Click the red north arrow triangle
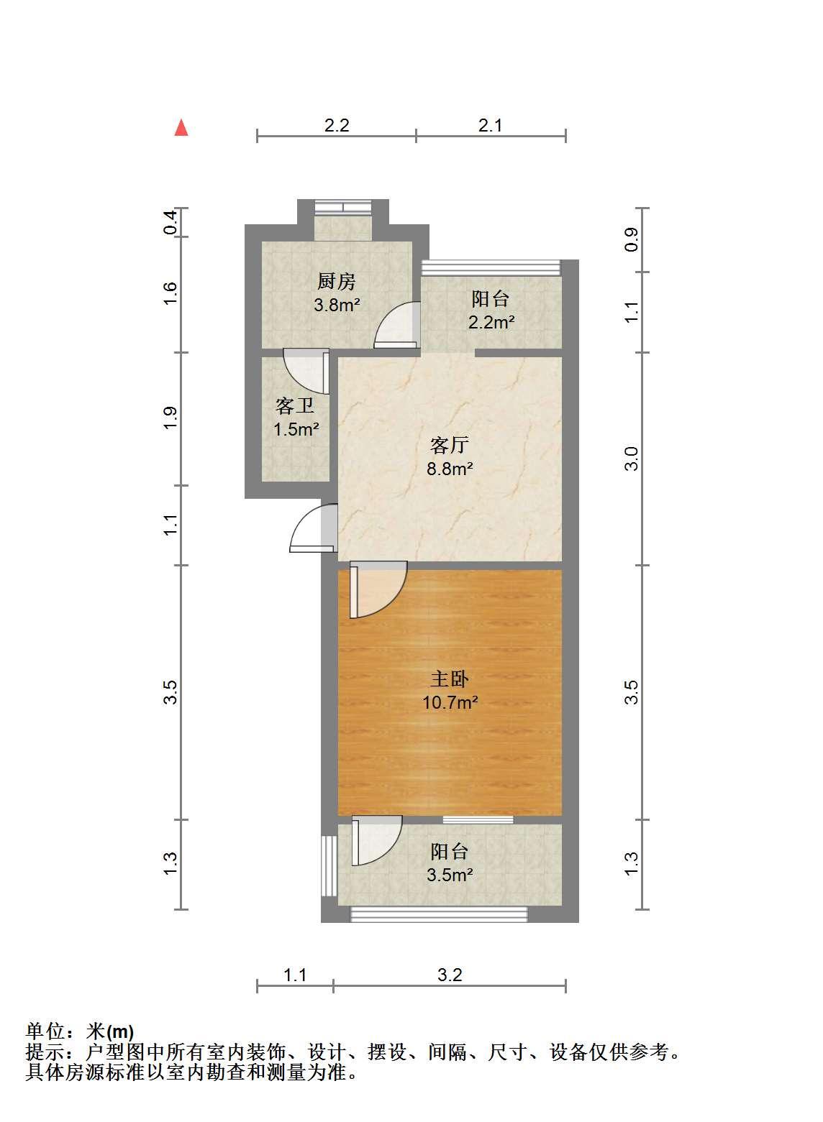(181, 127)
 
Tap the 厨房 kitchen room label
(336, 282)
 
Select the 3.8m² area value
(337, 304)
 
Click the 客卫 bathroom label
(295, 405)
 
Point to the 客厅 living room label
(450, 445)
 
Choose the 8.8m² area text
(450, 469)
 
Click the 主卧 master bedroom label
(450, 679)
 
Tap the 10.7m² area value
(450, 702)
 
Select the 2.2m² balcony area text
(491, 322)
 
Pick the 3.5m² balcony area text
(450, 875)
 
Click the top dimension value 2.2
(336, 125)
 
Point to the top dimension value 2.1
(490, 125)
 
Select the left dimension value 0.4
(170, 222)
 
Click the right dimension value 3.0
(632, 459)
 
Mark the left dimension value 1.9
(170, 418)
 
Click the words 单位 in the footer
(45, 1031)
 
